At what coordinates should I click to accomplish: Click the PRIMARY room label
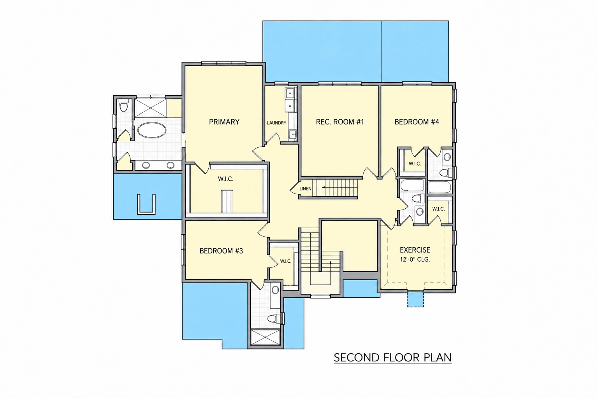224,122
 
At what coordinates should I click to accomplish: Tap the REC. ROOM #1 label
340,122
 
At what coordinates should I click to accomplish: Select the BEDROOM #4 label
417,122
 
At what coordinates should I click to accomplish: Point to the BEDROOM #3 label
221,251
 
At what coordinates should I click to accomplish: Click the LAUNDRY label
276,123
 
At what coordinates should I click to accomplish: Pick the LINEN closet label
305,189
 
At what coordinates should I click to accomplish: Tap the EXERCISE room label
415,250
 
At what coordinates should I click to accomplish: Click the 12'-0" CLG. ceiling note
415,259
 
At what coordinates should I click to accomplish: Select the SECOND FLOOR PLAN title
393,358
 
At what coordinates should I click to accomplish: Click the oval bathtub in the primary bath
152,130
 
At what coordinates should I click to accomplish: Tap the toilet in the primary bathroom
123,106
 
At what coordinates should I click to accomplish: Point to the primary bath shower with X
150,108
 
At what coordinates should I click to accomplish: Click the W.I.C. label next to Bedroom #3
286,262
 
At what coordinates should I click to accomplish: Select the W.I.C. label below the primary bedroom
225,179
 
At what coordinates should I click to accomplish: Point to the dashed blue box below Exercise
415,298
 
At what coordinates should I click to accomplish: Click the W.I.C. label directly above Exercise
438,209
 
